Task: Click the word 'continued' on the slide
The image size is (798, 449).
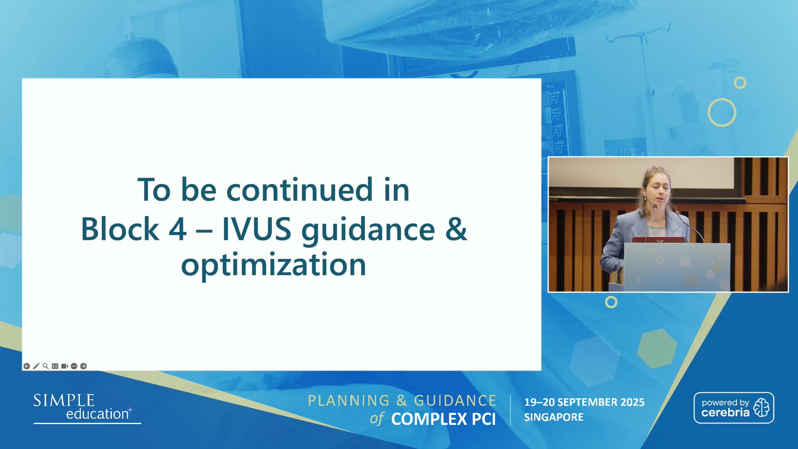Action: point(300,190)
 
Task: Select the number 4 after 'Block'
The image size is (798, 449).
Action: point(177,229)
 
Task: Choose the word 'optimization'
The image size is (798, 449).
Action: point(273,265)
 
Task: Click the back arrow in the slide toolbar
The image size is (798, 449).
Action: point(27,366)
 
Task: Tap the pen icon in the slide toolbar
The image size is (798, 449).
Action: point(36,366)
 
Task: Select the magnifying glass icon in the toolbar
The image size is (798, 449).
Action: point(46,366)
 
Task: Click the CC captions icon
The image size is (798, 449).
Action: point(55,366)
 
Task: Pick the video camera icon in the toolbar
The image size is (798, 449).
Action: point(64,366)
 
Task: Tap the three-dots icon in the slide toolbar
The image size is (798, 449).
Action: point(74,366)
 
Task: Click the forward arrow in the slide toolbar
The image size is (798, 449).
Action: point(84,366)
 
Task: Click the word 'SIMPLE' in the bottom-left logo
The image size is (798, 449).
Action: point(64,400)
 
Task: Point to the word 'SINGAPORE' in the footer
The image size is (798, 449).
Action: point(554,417)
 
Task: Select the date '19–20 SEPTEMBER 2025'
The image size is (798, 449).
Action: point(584,402)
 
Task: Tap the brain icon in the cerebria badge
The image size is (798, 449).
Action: point(761,407)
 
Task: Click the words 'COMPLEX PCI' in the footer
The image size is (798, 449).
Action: point(443,419)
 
